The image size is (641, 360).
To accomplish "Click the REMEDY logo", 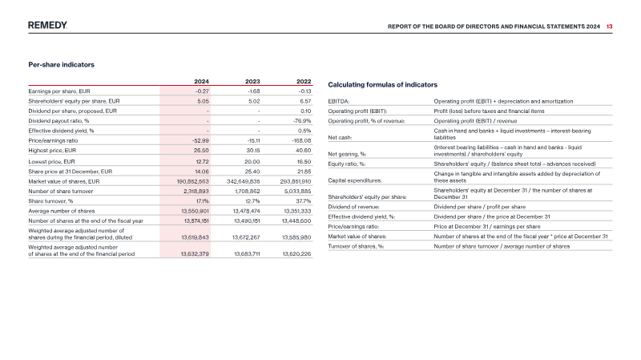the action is click(47, 26).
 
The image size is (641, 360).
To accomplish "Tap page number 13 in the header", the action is click(609, 26).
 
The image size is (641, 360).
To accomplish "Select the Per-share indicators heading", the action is click(62, 65).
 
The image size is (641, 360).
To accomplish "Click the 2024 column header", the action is click(202, 82).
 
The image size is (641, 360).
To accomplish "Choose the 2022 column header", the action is click(304, 82).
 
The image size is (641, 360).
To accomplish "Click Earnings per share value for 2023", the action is click(254, 91).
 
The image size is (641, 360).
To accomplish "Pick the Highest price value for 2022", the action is click(304, 151).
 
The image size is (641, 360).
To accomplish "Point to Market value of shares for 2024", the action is click(193, 182).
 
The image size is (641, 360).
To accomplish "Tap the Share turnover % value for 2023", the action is click(252, 201).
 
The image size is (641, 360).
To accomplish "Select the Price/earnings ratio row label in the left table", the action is click(53, 141).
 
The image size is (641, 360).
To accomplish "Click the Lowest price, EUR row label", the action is click(51, 162).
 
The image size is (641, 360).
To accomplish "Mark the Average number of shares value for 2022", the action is click(296, 211).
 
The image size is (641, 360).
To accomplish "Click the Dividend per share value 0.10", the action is click(306, 111).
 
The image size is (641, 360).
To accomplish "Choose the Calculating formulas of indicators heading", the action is click(383, 85).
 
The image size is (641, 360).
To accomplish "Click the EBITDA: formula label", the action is click(339, 102).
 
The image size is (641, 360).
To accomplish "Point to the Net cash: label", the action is click(340, 137).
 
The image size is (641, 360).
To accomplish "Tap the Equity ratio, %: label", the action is click(347, 164).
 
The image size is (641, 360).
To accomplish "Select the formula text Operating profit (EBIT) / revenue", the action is click(475, 121).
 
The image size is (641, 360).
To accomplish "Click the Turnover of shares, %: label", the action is click(356, 246).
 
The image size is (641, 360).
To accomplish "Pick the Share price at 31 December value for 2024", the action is click(202, 172).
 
